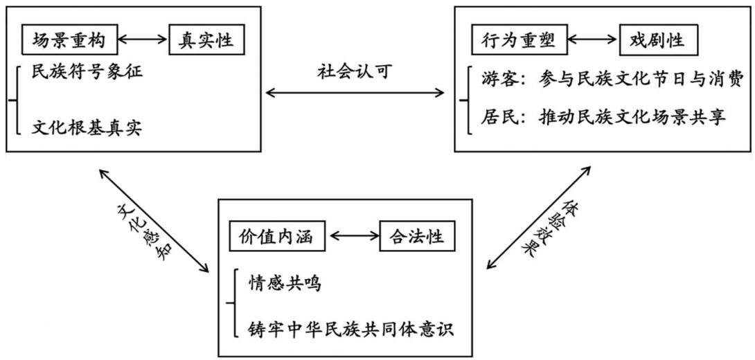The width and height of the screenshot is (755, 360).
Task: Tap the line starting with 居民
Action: point(603,118)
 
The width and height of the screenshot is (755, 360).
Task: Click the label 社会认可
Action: point(355,72)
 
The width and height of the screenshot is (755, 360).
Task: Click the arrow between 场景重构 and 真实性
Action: point(143,41)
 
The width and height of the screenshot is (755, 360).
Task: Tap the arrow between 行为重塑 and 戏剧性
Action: point(592,41)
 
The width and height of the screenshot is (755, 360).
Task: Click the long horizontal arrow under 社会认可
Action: point(355,92)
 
